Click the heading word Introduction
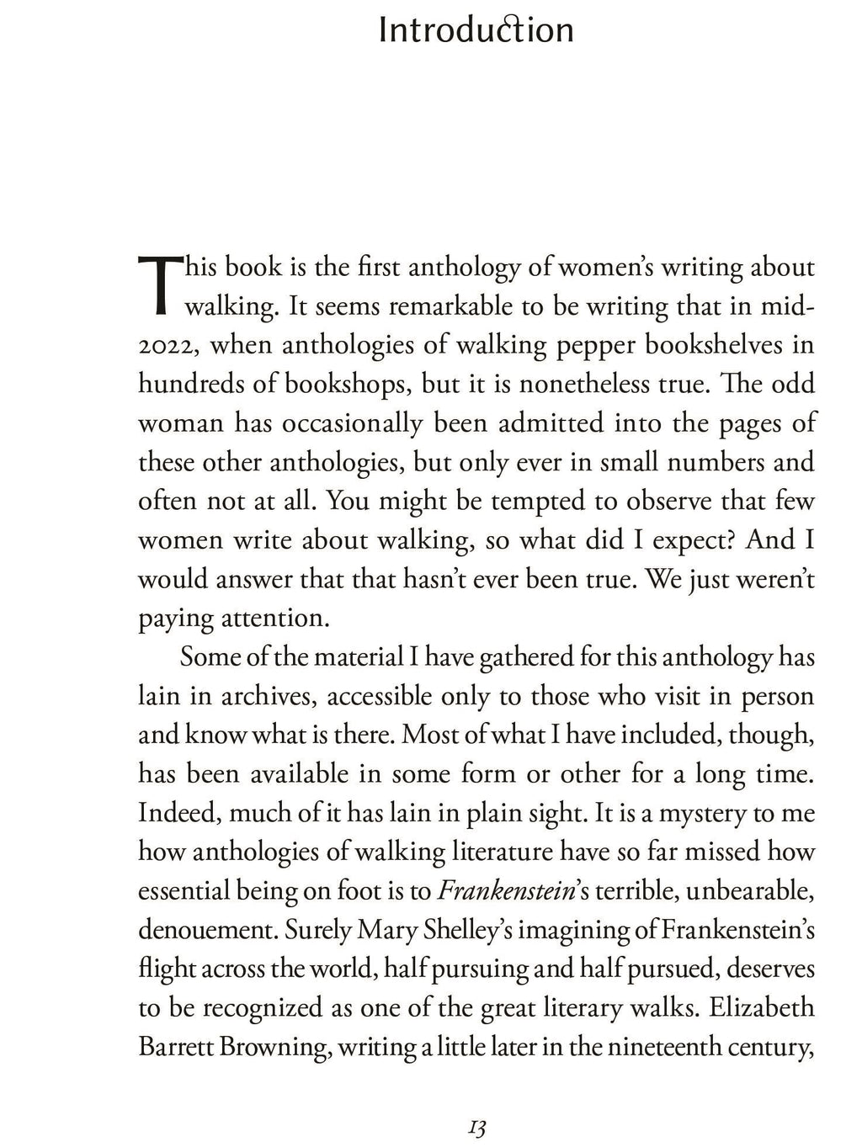click(476, 31)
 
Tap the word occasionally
click(351, 423)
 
